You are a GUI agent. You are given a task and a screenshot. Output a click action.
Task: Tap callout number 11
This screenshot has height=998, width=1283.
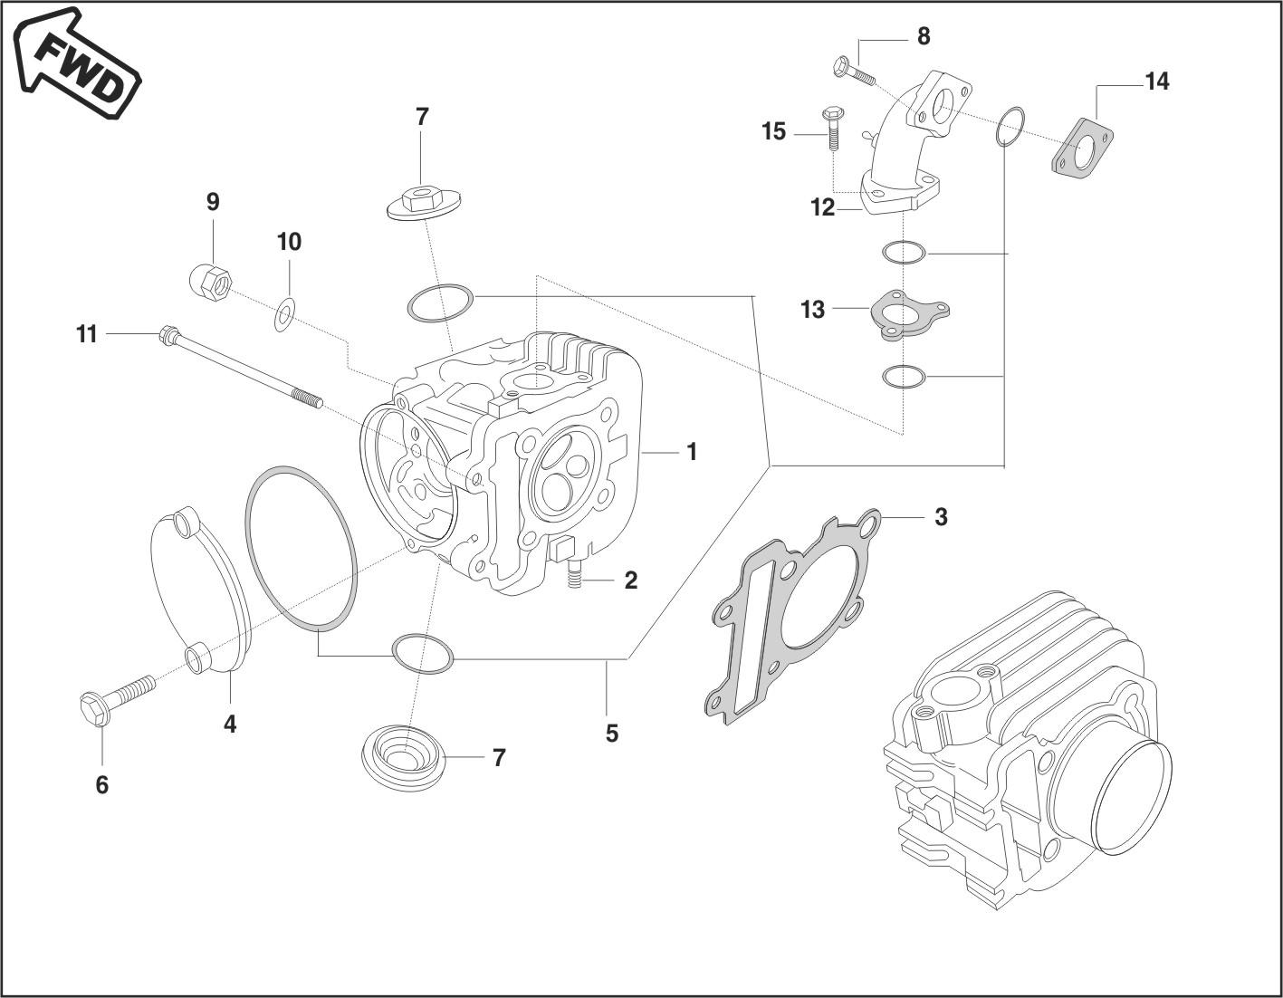pyautogui.click(x=86, y=335)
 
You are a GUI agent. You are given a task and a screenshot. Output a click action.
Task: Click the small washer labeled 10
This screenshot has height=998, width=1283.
pyautogui.click(x=284, y=314)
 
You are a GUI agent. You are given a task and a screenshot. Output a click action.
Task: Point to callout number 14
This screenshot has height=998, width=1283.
pyautogui.click(x=1156, y=82)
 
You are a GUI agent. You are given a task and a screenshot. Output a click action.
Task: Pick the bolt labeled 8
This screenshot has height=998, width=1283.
pyautogui.click(x=851, y=71)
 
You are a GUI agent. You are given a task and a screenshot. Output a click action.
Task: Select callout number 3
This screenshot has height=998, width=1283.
pyautogui.click(x=941, y=517)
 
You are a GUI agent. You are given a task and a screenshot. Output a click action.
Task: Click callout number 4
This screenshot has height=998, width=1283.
pyautogui.click(x=230, y=724)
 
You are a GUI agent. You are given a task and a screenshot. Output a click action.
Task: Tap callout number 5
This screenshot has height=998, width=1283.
pyautogui.click(x=612, y=733)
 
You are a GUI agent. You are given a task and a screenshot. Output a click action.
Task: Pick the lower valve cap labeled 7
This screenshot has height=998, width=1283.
pyautogui.click(x=403, y=755)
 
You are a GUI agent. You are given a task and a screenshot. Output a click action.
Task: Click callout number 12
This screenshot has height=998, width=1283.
pyautogui.click(x=822, y=208)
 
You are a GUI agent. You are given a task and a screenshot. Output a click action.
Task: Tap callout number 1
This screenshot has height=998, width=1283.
pyautogui.click(x=692, y=452)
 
